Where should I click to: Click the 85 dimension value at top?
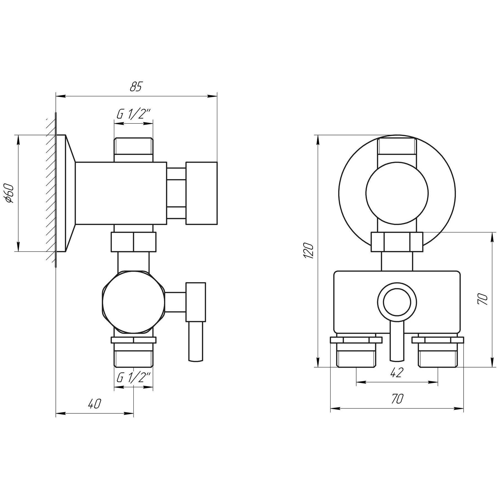[x=136, y=87]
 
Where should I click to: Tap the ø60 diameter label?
[x=10, y=193]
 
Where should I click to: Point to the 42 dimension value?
[x=397, y=373]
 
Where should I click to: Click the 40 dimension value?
[x=94, y=404]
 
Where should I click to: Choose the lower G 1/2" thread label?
[x=134, y=377]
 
